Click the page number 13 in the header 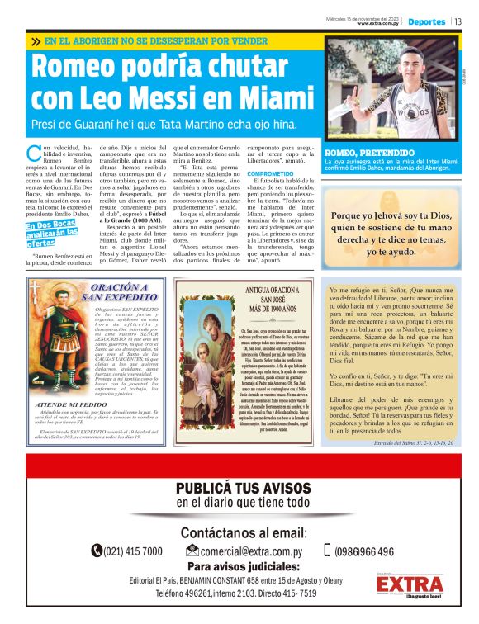tap(458, 22)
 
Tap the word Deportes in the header tap(426, 22)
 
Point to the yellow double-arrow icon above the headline tap(35, 40)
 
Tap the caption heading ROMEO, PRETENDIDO tap(370, 154)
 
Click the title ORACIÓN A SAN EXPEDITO tap(121, 292)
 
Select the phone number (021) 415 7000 tap(133, 551)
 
